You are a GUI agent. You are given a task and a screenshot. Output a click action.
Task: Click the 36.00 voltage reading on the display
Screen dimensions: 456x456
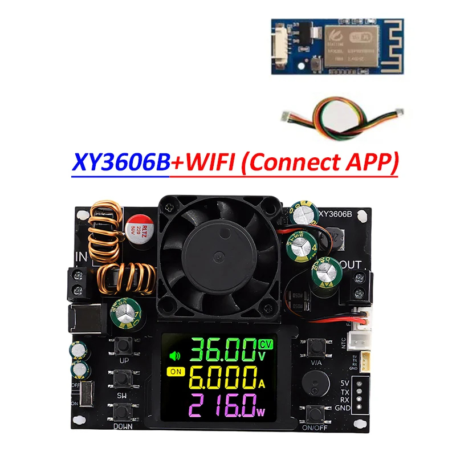pyautogui.click(x=223, y=351)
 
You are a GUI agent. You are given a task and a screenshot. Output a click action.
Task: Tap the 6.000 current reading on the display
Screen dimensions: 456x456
pyautogui.click(x=223, y=377)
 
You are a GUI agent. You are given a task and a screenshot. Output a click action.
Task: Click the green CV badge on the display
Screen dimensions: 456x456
pyautogui.click(x=266, y=344)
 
